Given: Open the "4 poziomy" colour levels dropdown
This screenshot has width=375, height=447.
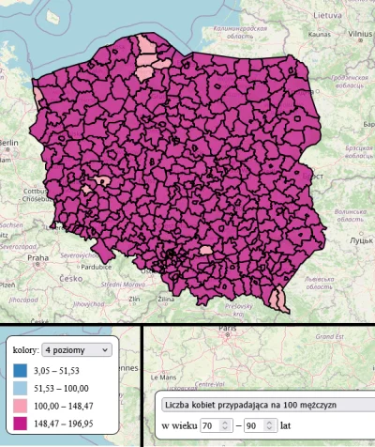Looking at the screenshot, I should tap(78, 349).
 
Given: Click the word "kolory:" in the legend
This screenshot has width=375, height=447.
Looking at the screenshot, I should tap(25, 349).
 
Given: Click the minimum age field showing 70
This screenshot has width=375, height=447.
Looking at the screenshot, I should tap(216, 424).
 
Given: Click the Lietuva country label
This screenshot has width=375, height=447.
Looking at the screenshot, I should tap(326, 17).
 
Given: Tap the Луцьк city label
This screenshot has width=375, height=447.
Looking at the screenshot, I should tap(360, 241).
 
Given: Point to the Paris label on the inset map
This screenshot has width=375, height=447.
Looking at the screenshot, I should tap(226, 330).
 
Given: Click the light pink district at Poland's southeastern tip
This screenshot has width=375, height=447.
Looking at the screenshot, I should tap(277, 299).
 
